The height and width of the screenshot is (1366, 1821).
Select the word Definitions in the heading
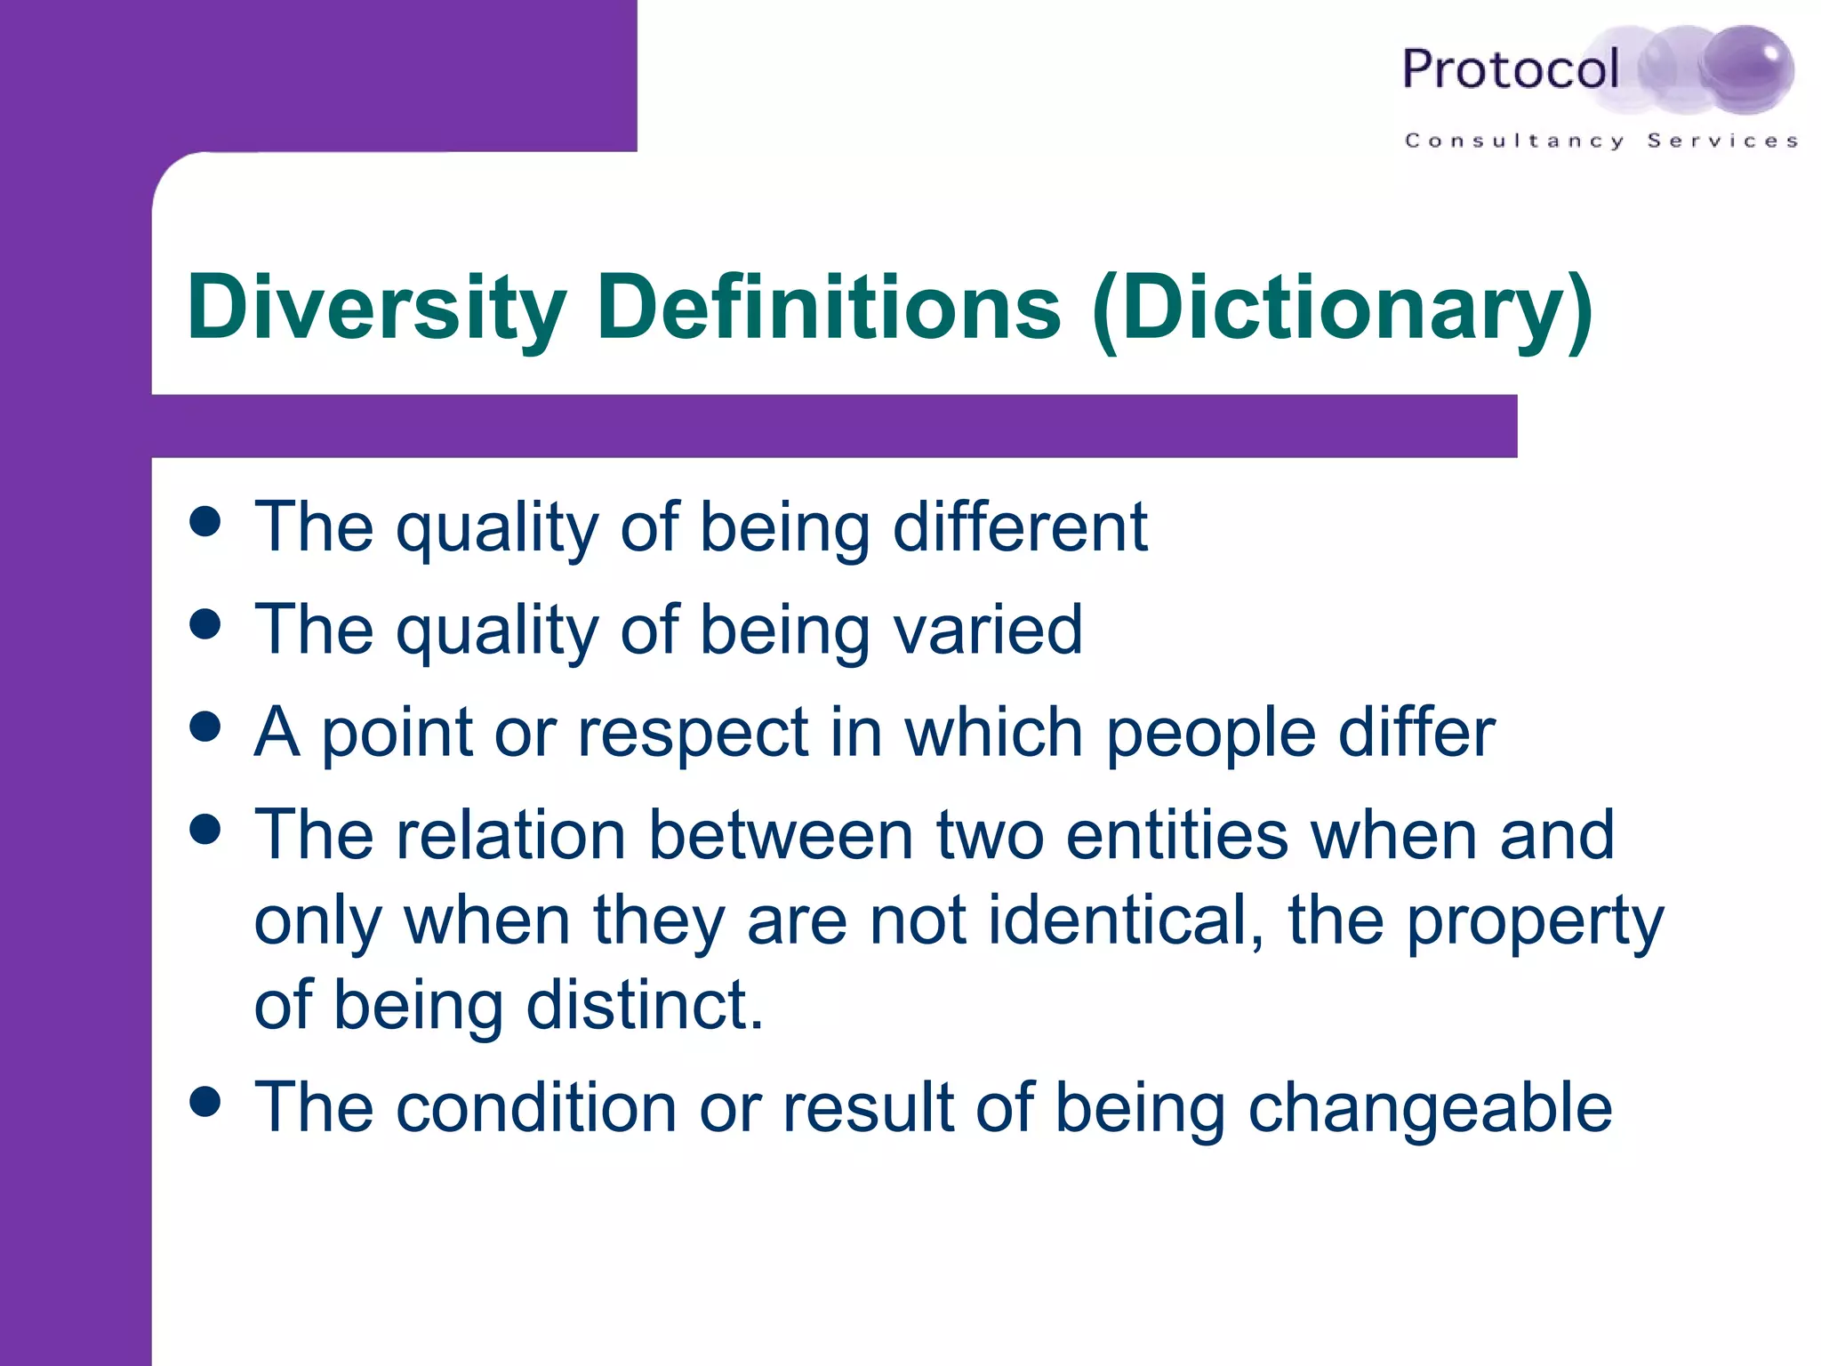coord(829,307)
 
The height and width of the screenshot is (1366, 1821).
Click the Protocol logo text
coord(1510,69)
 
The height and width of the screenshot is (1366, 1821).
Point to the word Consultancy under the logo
coord(1514,141)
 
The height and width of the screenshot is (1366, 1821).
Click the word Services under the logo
coord(1722,141)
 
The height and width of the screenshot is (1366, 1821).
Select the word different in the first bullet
coord(1020,526)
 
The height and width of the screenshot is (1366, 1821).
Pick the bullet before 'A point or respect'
coord(205,727)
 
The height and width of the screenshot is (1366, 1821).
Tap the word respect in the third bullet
coord(693,735)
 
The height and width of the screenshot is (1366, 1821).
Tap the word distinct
coord(645,1005)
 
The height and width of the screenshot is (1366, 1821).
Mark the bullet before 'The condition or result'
coord(205,1102)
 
